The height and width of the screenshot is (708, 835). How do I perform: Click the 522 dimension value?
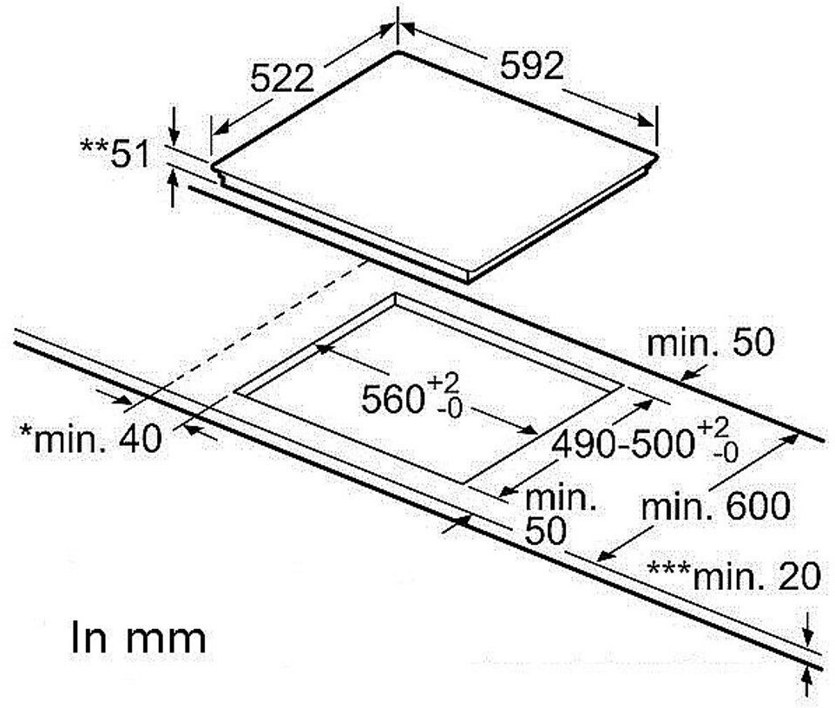click(281, 78)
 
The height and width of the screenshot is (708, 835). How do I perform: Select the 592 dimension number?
click(531, 66)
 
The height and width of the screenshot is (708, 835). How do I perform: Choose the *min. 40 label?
click(91, 437)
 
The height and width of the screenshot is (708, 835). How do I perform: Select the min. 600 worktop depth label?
click(715, 505)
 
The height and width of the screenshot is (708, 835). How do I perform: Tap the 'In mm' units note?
click(138, 638)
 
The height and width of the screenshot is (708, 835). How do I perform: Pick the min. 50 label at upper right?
click(709, 344)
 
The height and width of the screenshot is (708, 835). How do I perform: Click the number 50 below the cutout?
click(544, 530)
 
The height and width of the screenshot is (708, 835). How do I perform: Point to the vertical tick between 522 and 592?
click(398, 26)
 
